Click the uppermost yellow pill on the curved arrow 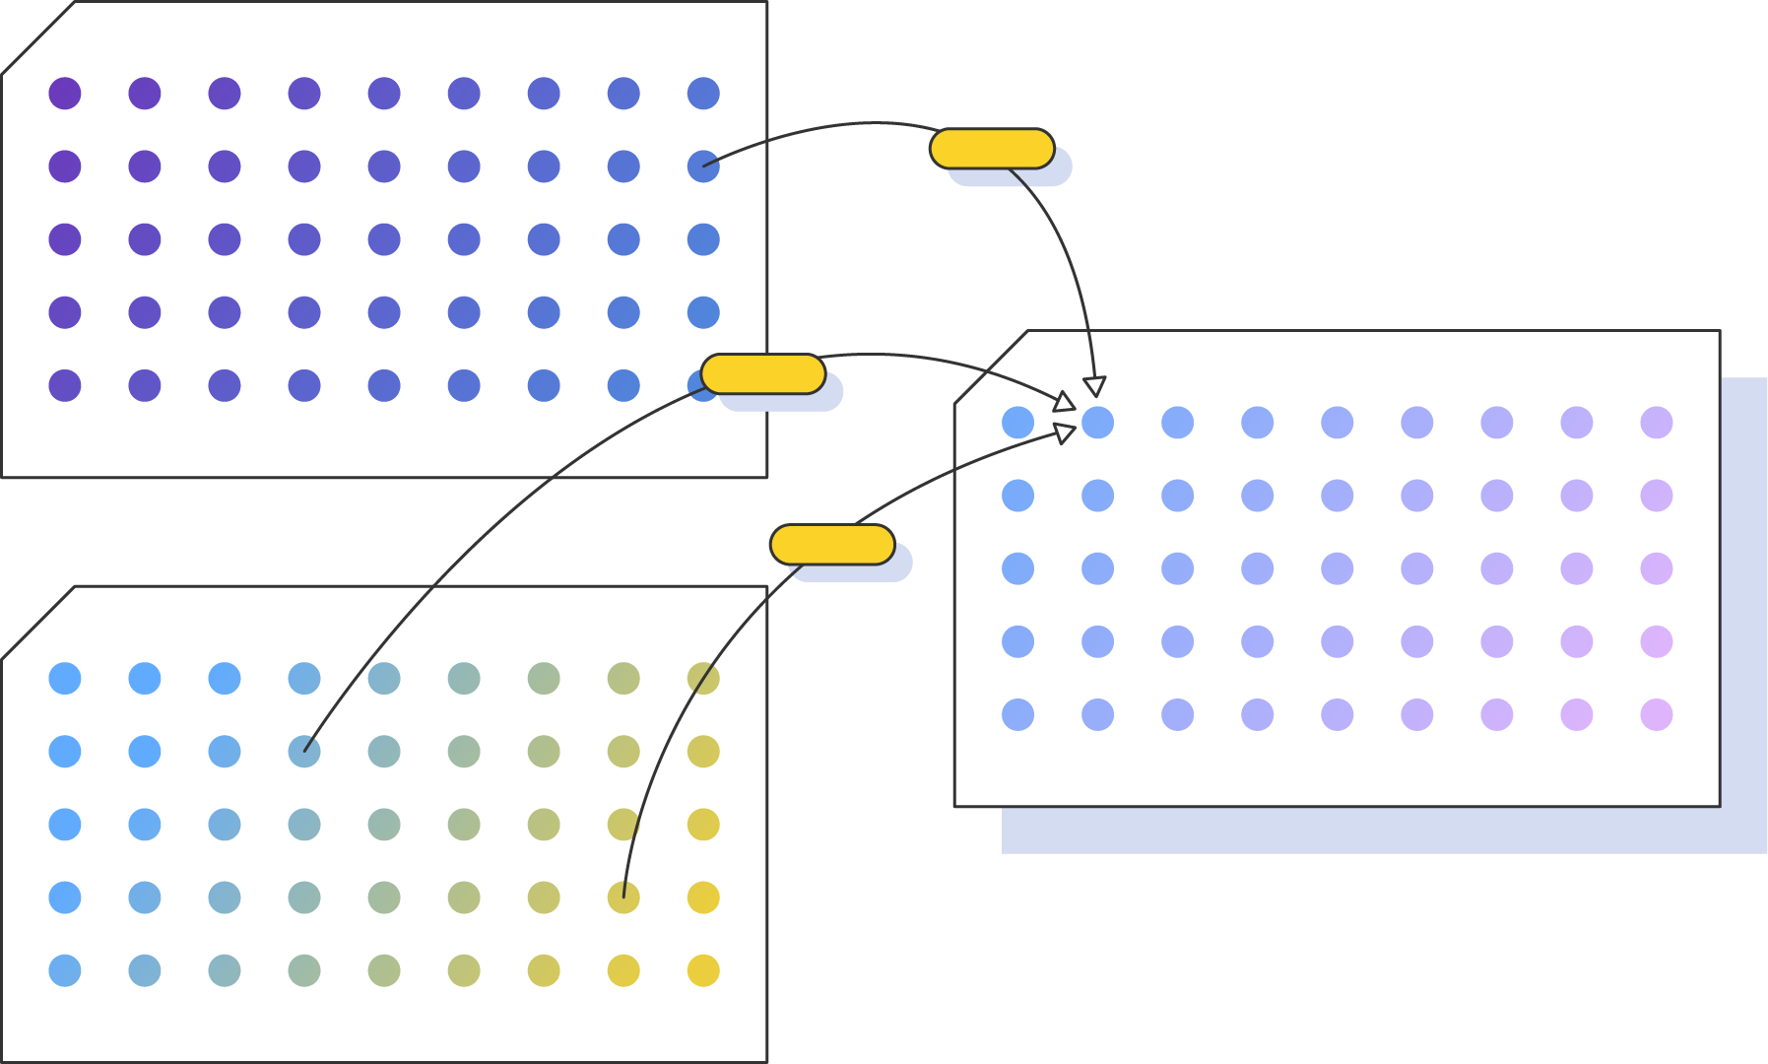coord(992,149)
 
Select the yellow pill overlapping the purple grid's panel coord(763,374)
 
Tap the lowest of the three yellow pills coord(832,545)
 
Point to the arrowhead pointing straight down coord(1094,386)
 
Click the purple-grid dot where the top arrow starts coord(703,166)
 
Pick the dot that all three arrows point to coord(1097,423)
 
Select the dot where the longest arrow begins coord(304,752)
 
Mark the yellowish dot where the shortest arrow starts coord(623,898)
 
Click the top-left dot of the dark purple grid coord(65,94)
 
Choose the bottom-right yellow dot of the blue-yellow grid coord(703,970)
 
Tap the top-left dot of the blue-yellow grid coord(65,679)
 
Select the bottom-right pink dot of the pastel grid coord(1657,714)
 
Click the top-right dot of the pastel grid coord(1657,423)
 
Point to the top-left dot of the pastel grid coord(1017,423)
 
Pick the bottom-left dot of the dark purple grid coord(65,385)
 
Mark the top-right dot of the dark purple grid coord(703,94)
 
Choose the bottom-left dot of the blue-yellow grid coord(65,970)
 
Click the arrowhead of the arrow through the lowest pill coord(1065,433)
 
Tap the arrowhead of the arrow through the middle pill coord(1064,401)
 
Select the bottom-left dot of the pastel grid coord(1017,714)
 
